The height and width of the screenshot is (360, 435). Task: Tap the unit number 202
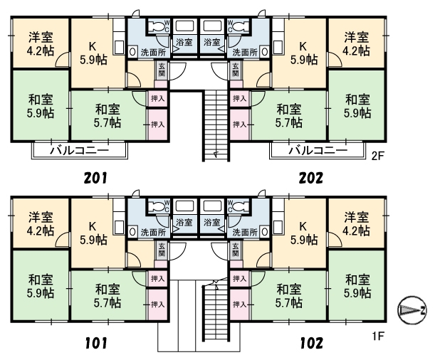click(310, 177)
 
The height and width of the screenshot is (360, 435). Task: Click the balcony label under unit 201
click(78, 151)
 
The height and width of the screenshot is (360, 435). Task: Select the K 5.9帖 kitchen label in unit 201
click(93, 54)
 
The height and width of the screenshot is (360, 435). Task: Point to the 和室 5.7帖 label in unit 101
click(108, 295)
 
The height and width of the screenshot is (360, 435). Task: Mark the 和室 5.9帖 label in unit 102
click(357, 285)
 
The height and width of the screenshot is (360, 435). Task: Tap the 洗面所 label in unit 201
click(152, 52)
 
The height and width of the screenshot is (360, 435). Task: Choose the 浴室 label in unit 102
click(211, 221)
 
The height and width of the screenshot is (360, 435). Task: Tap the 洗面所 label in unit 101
click(152, 232)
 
